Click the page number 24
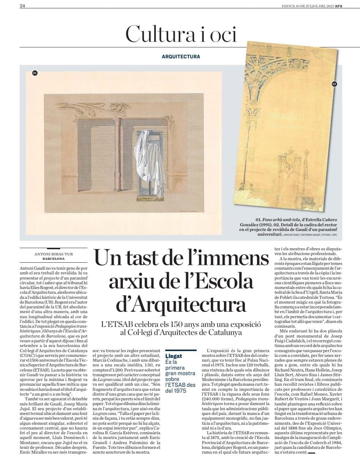(22, 5)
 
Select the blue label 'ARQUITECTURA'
(181, 57)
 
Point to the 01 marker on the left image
(35, 73)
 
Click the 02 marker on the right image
(334, 84)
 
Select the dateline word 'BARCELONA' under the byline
(53, 259)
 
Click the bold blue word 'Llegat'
(174, 355)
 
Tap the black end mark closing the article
(312, 453)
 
